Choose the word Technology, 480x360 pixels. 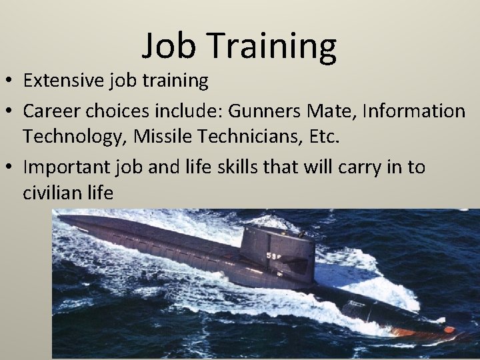[x=74, y=138]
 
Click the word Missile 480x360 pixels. [x=157, y=137]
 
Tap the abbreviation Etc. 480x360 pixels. [x=323, y=137]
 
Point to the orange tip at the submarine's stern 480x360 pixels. [x=448, y=329]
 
